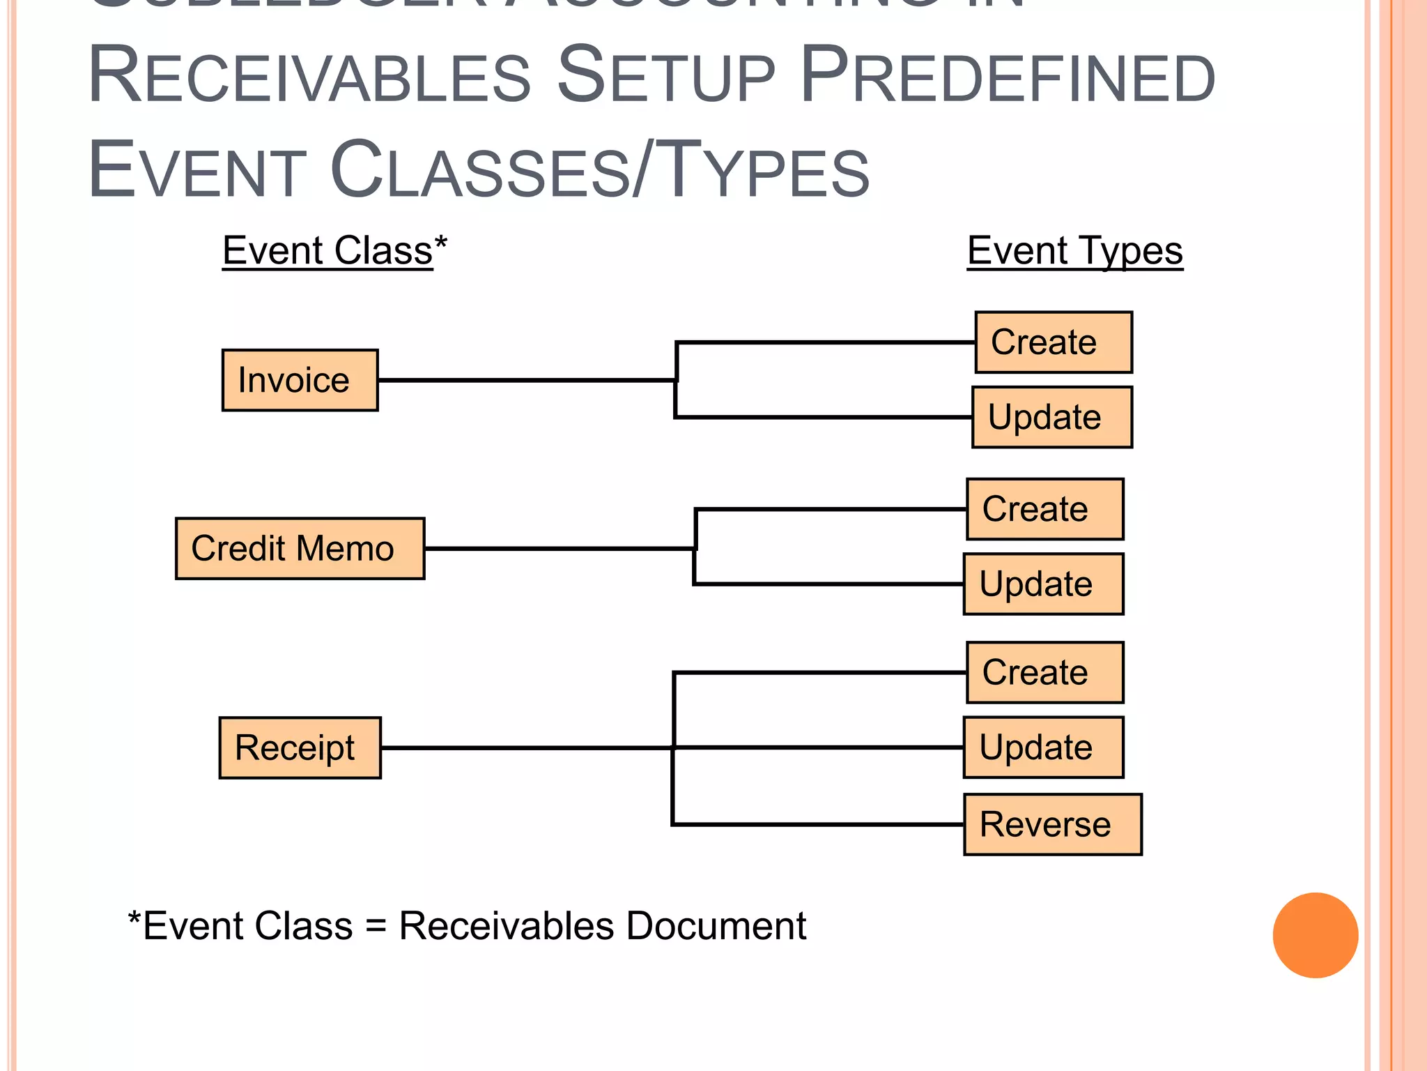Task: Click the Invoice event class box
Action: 300,380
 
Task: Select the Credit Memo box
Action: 300,548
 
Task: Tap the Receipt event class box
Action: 300,747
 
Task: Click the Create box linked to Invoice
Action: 1053,342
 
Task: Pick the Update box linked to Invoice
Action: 1051,417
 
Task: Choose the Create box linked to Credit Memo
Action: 1044,509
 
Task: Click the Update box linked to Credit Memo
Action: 1043,584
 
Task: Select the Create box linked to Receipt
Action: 1044,672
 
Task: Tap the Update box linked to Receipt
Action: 1043,747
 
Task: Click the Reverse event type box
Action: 1052,824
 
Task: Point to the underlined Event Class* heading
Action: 334,251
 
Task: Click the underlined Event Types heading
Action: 1074,251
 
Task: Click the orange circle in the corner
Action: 1315,935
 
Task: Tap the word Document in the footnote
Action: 716,926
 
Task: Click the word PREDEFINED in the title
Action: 1008,75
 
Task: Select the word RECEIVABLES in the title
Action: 310,75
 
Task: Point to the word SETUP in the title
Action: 665,75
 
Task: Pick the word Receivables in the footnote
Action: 507,926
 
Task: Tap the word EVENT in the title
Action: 197,170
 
